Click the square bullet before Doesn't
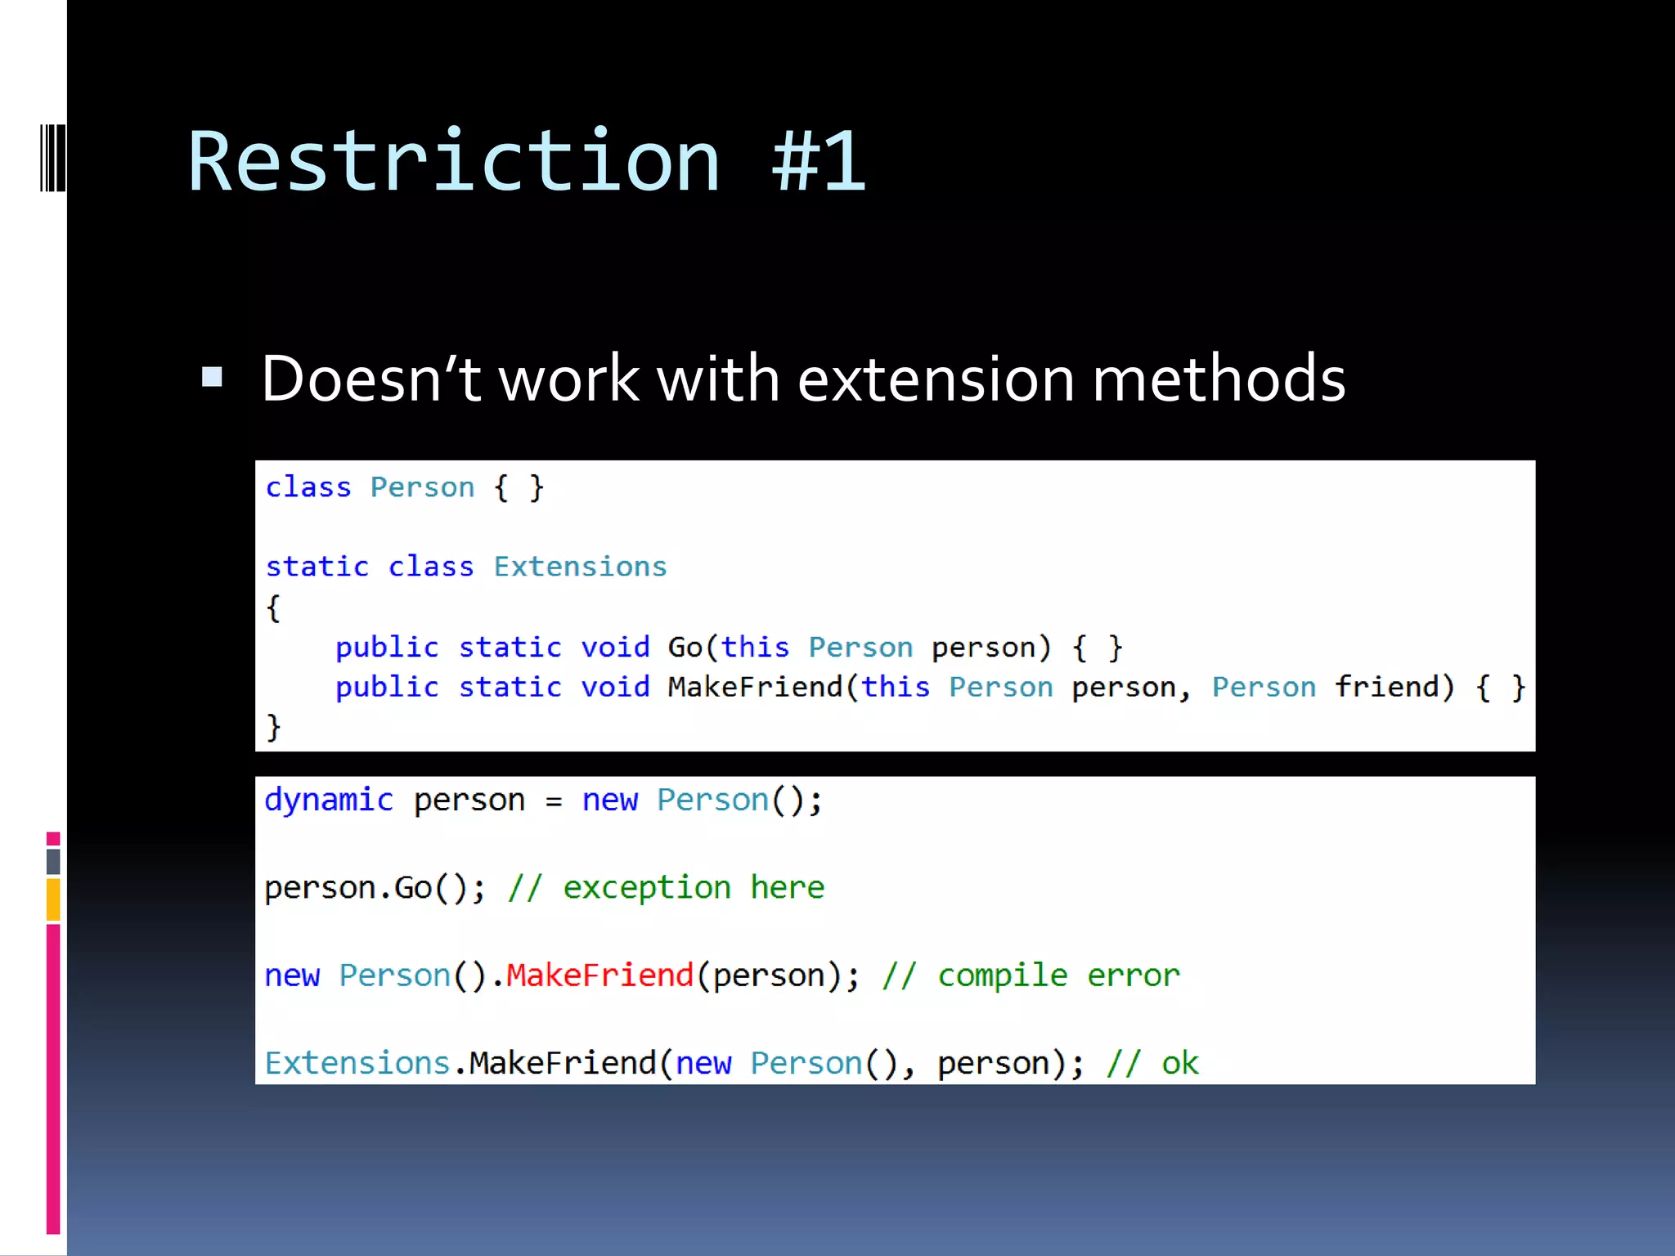tap(212, 377)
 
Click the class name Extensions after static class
tap(580, 567)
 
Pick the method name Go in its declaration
tap(685, 648)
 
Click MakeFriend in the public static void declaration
tap(754, 687)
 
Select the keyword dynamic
tap(329, 800)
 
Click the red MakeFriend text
tap(599, 975)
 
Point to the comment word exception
tap(646, 888)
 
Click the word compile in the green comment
tap(1002, 975)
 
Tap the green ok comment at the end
tap(1179, 1063)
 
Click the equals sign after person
tap(554, 801)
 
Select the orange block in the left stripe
tap(53, 899)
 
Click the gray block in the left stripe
tap(53, 861)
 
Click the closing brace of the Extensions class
tap(273, 727)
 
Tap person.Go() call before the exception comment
tap(373, 888)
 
